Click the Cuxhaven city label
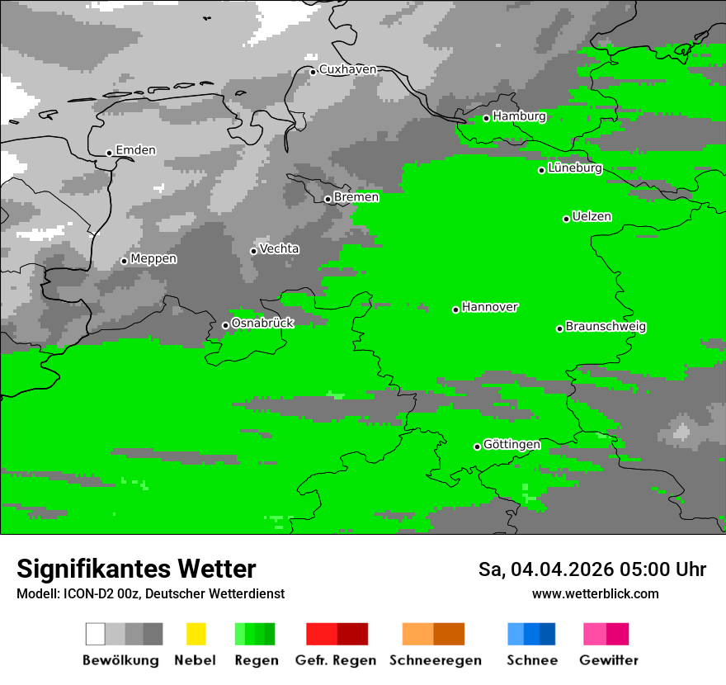(x=347, y=69)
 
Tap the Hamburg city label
(x=519, y=116)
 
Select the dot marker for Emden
(x=109, y=153)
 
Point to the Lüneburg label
(x=574, y=168)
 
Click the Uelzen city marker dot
(x=566, y=219)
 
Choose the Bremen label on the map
(x=356, y=197)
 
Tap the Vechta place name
(x=279, y=249)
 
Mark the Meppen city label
(x=153, y=259)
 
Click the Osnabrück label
(x=262, y=324)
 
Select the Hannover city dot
(x=455, y=309)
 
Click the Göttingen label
(x=511, y=445)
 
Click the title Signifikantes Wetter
(x=136, y=569)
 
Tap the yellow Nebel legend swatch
(x=196, y=634)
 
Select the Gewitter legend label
(x=608, y=660)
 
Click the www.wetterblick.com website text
(x=595, y=593)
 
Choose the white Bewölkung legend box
(x=96, y=634)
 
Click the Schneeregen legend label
(x=436, y=660)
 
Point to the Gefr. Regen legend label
(x=335, y=660)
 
